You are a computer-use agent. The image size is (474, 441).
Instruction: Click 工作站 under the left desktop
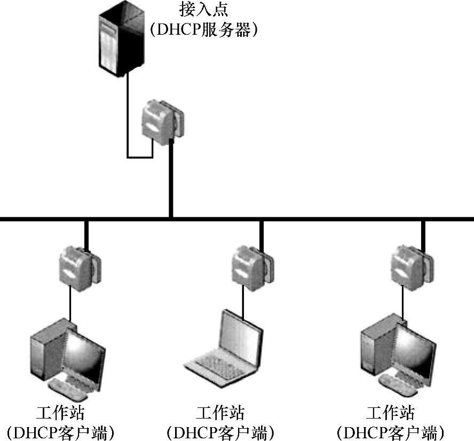tap(61, 413)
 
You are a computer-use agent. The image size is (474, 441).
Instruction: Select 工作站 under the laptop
tap(220, 413)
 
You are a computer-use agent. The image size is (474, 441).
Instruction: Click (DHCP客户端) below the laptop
tap(220, 432)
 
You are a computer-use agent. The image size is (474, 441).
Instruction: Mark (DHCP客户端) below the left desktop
tap(61, 432)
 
